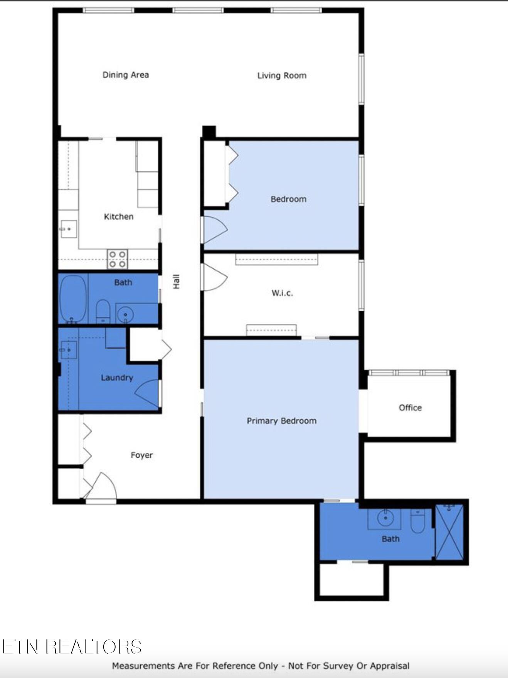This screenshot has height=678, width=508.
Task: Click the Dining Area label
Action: [x=125, y=75]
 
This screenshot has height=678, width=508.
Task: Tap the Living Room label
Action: [x=282, y=76]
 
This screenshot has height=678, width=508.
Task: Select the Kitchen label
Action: [x=119, y=217]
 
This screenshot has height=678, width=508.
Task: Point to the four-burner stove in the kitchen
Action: [x=117, y=259]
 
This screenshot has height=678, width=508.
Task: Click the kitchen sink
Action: [x=69, y=229]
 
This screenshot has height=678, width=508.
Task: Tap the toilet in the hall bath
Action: [x=103, y=311]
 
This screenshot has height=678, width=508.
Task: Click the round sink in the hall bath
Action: [x=125, y=314]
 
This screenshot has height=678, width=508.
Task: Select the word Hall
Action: [x=176, y=282]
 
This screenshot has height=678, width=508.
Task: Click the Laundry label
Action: [x=117, y=378]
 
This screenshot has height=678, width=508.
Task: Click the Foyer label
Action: [x=141, y=455]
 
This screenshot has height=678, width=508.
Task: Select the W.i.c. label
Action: [x=282, y=293]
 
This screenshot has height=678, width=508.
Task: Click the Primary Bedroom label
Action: [x=281, y=421]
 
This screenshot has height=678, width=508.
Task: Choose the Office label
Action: [x=410, y=408]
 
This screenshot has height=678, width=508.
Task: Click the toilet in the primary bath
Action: [x=417, y=521]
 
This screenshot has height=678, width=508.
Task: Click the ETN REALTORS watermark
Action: [x=72, y=647]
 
